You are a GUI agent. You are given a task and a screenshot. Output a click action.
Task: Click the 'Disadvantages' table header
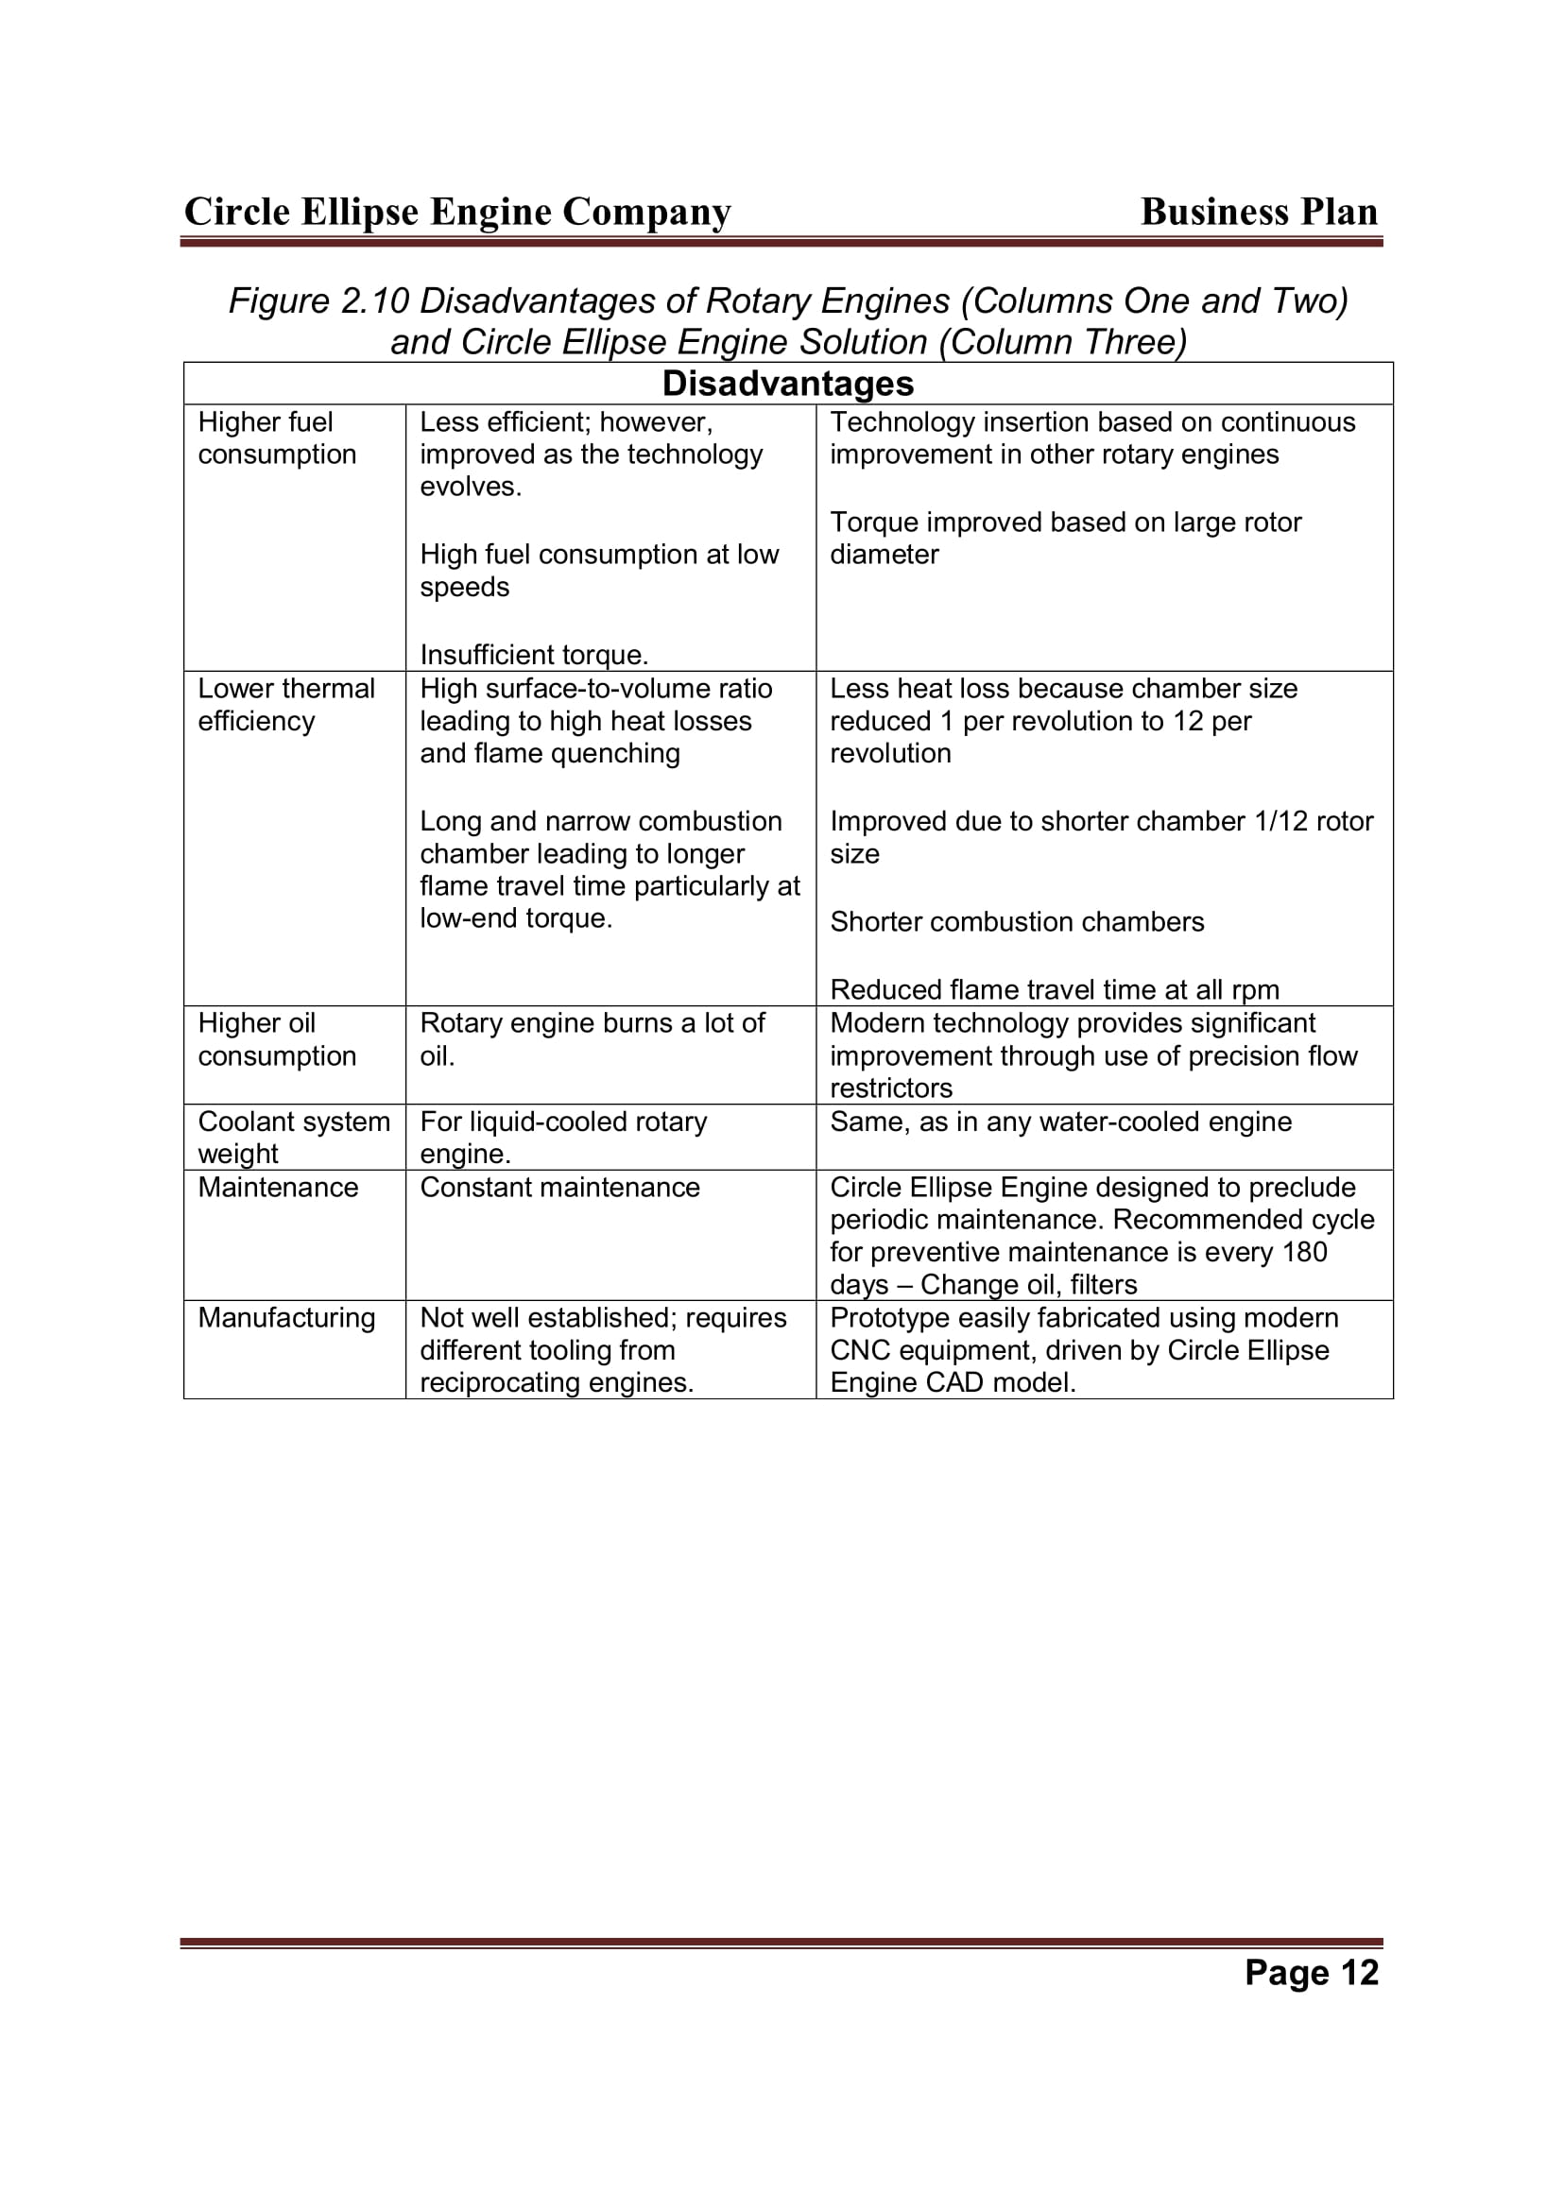pos(787,384)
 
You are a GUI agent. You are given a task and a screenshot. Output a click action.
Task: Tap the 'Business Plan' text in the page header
pos(1259,212)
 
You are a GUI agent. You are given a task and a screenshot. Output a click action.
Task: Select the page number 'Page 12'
pos(1311,1972)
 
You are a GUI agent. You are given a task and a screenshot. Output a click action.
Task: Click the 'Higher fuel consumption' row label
pos(276,438)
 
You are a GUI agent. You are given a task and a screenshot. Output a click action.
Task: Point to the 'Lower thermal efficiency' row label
pos(285,705)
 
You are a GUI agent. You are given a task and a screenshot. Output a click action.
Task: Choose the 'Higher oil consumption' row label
pos(276,1039)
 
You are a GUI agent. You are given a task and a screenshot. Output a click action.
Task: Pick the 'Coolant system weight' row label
pos(294,1138)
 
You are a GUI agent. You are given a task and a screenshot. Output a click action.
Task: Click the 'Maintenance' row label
pos(277,1188)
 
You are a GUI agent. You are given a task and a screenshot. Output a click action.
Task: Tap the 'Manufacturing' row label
pos(285,1318)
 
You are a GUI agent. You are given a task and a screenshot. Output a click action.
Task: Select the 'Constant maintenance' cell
pos(559,1188)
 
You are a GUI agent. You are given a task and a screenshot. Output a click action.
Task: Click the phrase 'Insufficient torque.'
pos(534,656)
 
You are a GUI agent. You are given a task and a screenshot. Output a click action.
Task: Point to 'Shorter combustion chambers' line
pos(1017,922)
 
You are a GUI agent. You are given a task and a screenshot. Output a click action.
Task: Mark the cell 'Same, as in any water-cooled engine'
pos(1060,1122)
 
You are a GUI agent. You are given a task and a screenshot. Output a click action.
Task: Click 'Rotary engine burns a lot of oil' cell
pos(592,1039)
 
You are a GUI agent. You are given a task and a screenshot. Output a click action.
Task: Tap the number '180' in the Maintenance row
pos(1304,1252)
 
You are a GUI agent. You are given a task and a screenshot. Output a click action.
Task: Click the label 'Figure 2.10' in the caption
pos(318,302)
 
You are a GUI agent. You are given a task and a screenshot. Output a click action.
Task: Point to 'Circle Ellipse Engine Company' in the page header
pos(457,212)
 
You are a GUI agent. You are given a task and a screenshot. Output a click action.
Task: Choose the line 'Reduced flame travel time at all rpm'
pos(1054,990)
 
